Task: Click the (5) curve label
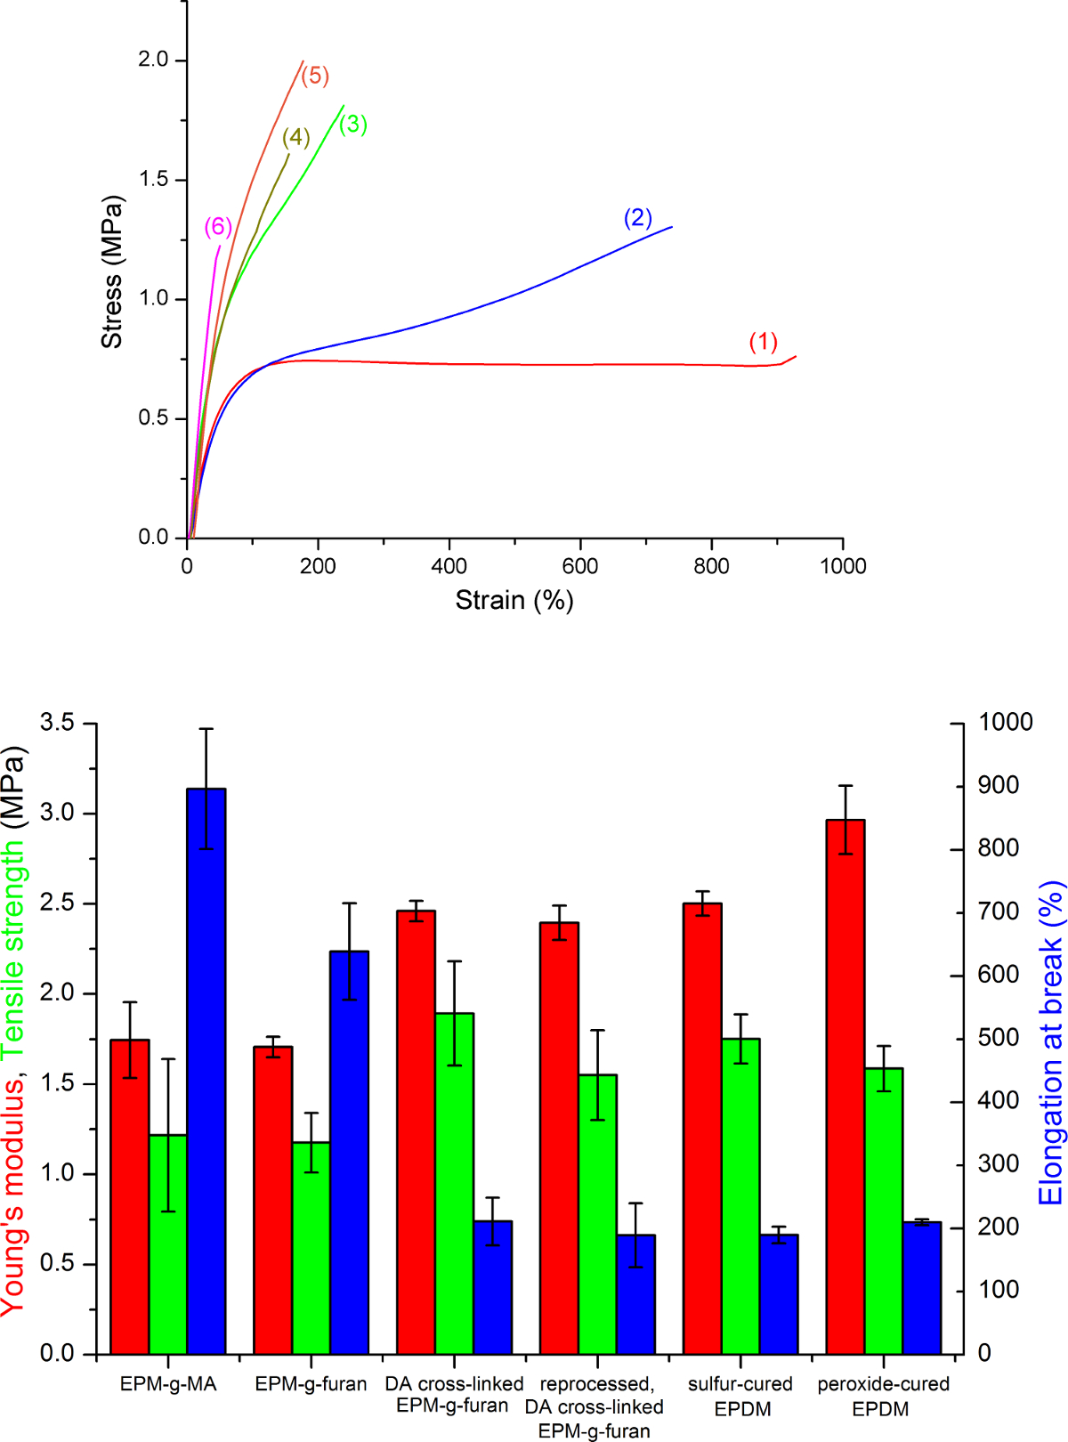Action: [x=315, y=76]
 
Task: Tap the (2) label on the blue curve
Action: [x=638, y=218]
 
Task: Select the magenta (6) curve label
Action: [x=218, y=227]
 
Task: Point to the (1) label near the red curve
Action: [x=764, y=342]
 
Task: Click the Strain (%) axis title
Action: [x=514, y=601]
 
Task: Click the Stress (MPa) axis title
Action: [x=112, y=271]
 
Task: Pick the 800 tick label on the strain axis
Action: [x=711, y=566]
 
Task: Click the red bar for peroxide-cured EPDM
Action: [x=845, y=1087]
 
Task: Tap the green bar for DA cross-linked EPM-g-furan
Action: [x=454, y=1184]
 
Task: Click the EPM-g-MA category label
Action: [x=168, y=1384]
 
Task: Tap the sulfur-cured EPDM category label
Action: [x=740, y=1397]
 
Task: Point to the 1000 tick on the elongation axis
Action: [x=1006, y=722]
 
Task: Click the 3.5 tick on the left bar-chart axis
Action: [x=57, y=723]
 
